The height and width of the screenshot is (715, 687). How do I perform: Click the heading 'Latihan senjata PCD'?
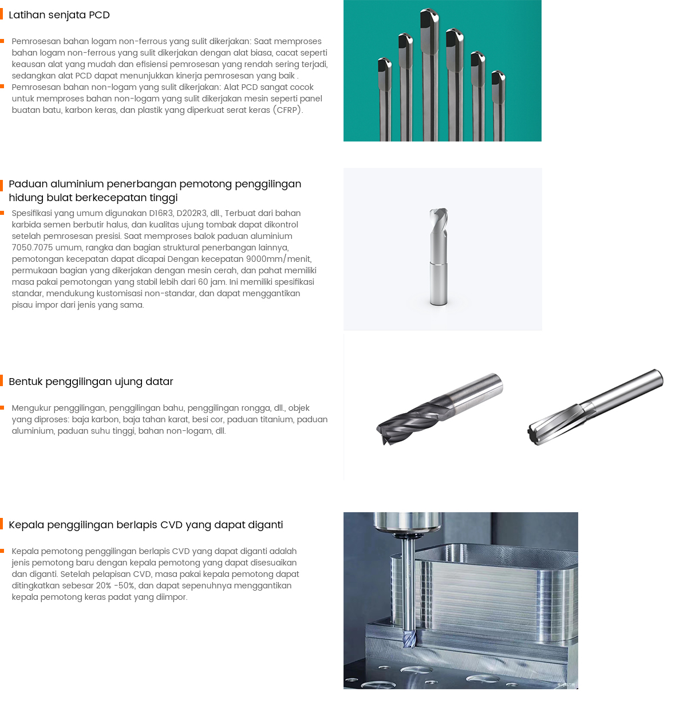tap(59, 15)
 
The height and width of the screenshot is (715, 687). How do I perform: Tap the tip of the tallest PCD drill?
tap(429, 9)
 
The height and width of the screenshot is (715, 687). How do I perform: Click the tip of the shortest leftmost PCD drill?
tap(385, 59)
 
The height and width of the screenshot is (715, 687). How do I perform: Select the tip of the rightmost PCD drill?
tap(498, 72)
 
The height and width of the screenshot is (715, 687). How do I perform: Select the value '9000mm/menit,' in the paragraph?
tap(278, 259)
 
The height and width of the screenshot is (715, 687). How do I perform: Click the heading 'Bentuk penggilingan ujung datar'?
tap(90, 382)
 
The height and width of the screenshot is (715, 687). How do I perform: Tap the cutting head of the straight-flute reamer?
tap(552, 425)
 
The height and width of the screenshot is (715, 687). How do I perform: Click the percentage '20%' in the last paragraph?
tap(104, 586)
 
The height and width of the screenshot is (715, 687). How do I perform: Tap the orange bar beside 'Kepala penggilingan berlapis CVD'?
tap(2, 524)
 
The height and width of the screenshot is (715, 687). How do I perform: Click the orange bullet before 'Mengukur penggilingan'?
tap(2, 407)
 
